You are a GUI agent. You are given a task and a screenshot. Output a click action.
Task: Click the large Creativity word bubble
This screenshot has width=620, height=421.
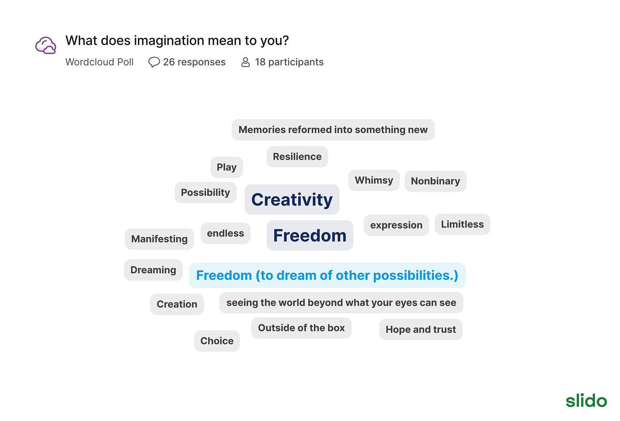292,200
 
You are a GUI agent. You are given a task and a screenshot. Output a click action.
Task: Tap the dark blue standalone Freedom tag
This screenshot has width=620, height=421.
310,235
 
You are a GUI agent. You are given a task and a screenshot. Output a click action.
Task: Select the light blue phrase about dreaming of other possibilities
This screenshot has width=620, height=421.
327,275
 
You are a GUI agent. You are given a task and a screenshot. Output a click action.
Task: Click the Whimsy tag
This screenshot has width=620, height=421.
374,180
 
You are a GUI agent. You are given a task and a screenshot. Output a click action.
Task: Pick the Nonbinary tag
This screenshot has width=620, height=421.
435,181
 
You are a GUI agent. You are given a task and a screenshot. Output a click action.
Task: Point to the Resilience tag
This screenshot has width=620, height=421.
297,157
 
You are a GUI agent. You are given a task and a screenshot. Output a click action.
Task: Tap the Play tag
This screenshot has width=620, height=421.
227,167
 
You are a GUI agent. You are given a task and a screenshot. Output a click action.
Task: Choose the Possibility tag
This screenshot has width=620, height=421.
205,192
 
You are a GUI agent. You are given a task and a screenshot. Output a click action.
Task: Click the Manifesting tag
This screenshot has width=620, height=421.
159,239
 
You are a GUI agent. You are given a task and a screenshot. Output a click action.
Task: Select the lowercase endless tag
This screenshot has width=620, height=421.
226,233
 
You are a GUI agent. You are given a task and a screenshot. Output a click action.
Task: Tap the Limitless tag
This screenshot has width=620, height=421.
462,224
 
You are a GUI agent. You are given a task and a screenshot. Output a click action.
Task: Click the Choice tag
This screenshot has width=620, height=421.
217,341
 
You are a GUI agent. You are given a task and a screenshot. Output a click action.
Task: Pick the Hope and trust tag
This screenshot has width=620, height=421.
421,329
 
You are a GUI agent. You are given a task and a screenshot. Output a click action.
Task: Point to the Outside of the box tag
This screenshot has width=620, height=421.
301,328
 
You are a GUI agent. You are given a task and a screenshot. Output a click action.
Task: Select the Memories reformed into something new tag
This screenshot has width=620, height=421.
333,130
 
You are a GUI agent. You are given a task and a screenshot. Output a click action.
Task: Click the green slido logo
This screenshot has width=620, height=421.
586,401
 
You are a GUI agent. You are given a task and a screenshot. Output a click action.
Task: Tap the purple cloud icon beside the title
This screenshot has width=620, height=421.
46,45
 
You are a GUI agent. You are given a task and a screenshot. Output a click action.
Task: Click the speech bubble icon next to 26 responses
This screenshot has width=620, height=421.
154,62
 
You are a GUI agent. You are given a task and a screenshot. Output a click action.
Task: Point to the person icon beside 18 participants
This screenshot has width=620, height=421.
246,62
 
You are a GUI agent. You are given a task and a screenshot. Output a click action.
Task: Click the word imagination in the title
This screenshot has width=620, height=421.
169,41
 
